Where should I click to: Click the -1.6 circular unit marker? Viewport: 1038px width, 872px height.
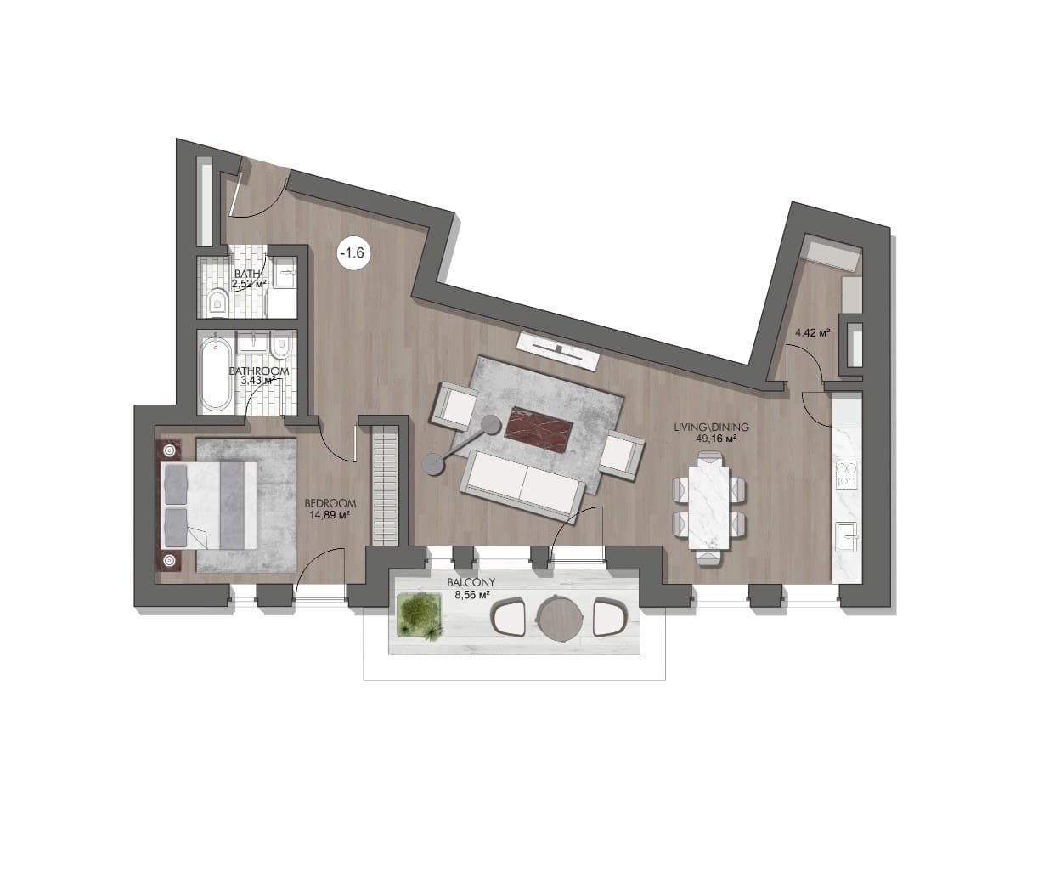click(352, 253)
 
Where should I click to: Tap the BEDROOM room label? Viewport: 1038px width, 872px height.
click(330, 503)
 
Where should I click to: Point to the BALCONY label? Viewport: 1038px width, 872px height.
click(471, 582)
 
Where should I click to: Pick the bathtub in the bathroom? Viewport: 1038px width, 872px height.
click(215, 374)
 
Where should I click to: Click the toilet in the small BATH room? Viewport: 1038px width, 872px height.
click(217, 303)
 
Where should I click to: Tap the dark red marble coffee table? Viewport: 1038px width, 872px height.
click(539, 430)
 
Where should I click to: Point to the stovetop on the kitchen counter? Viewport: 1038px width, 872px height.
click(847, 474)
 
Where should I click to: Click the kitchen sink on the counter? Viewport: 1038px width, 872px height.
click(846, 537)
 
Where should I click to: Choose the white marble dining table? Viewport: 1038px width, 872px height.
click(709, 507)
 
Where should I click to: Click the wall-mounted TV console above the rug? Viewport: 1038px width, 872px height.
click(559, 351)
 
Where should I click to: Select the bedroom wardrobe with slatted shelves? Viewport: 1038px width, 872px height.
click(386, 486)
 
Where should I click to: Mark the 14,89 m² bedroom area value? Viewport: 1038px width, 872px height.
click(330, 514)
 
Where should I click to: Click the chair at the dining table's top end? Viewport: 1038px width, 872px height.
click(709, 458)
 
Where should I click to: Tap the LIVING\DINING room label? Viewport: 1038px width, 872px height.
click(711, 427)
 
